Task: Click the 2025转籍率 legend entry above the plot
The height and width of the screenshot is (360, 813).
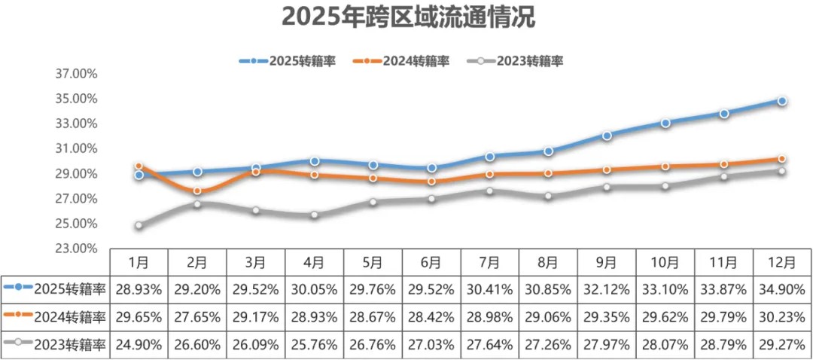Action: coord(287,61)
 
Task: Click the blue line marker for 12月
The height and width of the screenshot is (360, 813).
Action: coord(782,101)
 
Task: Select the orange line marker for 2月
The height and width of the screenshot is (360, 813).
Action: coord(197,191)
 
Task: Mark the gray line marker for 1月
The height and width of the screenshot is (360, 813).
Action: coord(139,225)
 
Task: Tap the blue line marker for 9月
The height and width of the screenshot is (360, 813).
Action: coord(607,136)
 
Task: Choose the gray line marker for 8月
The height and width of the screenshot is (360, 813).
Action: coord(548,196)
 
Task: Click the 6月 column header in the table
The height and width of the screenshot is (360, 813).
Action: coord(431,262)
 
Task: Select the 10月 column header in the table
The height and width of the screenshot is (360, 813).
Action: coord(665,262)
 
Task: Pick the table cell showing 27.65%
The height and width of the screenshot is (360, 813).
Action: coord(197,316)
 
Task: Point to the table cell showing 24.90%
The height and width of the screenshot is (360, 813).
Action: coord(139,345)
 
